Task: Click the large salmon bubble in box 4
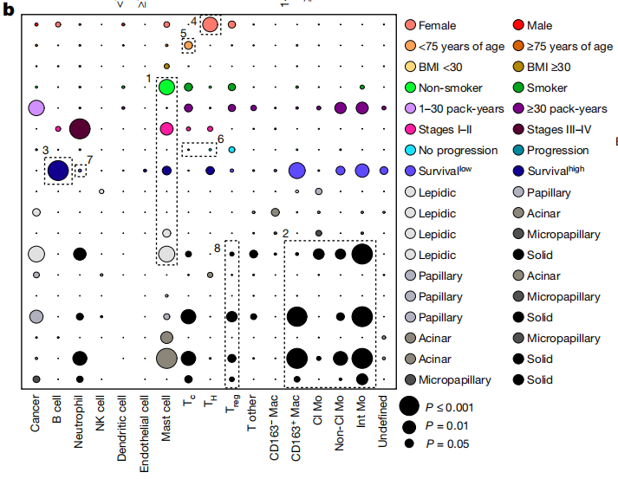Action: (x=210, y=24)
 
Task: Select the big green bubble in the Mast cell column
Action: (x=167, y=87)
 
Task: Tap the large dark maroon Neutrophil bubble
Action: (x=79, y=129)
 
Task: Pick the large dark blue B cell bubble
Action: (x=58, y=171)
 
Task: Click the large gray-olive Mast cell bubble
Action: (x=166, y=358)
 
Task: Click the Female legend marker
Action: (x=410, y=25)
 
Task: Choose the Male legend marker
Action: (x=517, y=25)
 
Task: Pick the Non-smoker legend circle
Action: (x=410, y=87)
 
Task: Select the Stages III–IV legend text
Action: (x=565, y=129)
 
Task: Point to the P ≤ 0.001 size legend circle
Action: (x=410, y=405)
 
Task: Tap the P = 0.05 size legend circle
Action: (x=410, y=443)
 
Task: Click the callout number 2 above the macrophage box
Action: (x=284, y=233)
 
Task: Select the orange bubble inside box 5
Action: (x=188, y=45)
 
